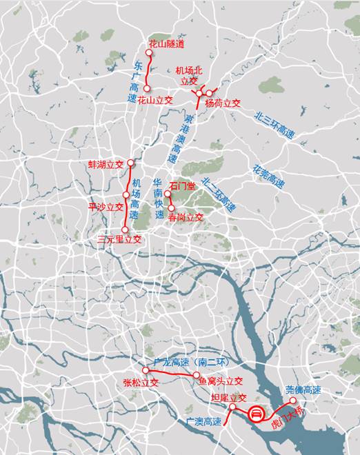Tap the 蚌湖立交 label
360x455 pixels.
pyautogui.click(x=106, y=165)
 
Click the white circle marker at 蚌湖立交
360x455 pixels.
pyautogui.click(x=130, y=163)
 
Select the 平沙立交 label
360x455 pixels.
pyautogui.click(x=106, y=206)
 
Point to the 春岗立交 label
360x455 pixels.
pyautogui.click(x=186, y=216)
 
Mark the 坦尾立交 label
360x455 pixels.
pyautogui.click(x=228, y=398)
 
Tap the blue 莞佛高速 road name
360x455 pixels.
pyautogui.click(x=303, y=390)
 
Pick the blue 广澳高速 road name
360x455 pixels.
pyautogui.click(x=203, y=421)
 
